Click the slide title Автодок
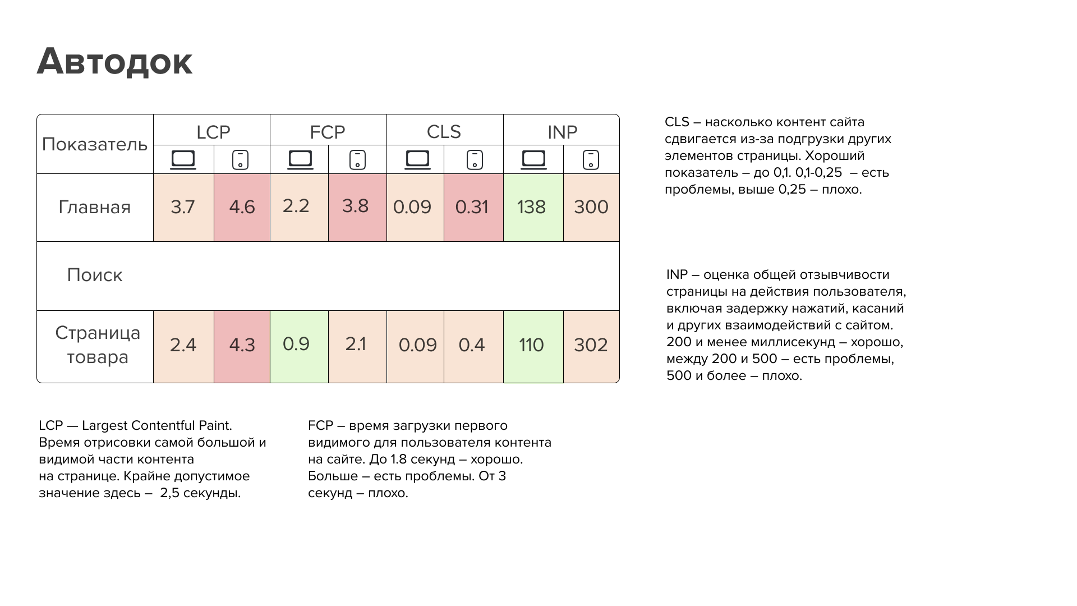[x=115, y=61]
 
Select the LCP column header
[x=213, y=132]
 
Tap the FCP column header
[x=328, y=132]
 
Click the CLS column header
[x=444, y=132]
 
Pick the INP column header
[x=562, y=132]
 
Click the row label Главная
[x=95, y=207]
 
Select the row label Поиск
[x=95, y=275]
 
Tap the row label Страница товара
[x=98, y=345]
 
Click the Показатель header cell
[x=95, y=144]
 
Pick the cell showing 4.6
[x=242, y=207]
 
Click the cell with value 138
[x=532, y=207]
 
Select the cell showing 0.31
[x=472, y=207]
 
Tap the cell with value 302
[x=591, y=345]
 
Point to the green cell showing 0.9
[x=297, y=344]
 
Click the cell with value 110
[x=532, y=345]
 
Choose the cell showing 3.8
[x=356, y=206]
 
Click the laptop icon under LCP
[x=183, y=160]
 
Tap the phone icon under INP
[x=591, y=160]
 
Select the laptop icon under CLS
[x=417, y=160]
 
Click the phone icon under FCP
[x=357, y=160]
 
